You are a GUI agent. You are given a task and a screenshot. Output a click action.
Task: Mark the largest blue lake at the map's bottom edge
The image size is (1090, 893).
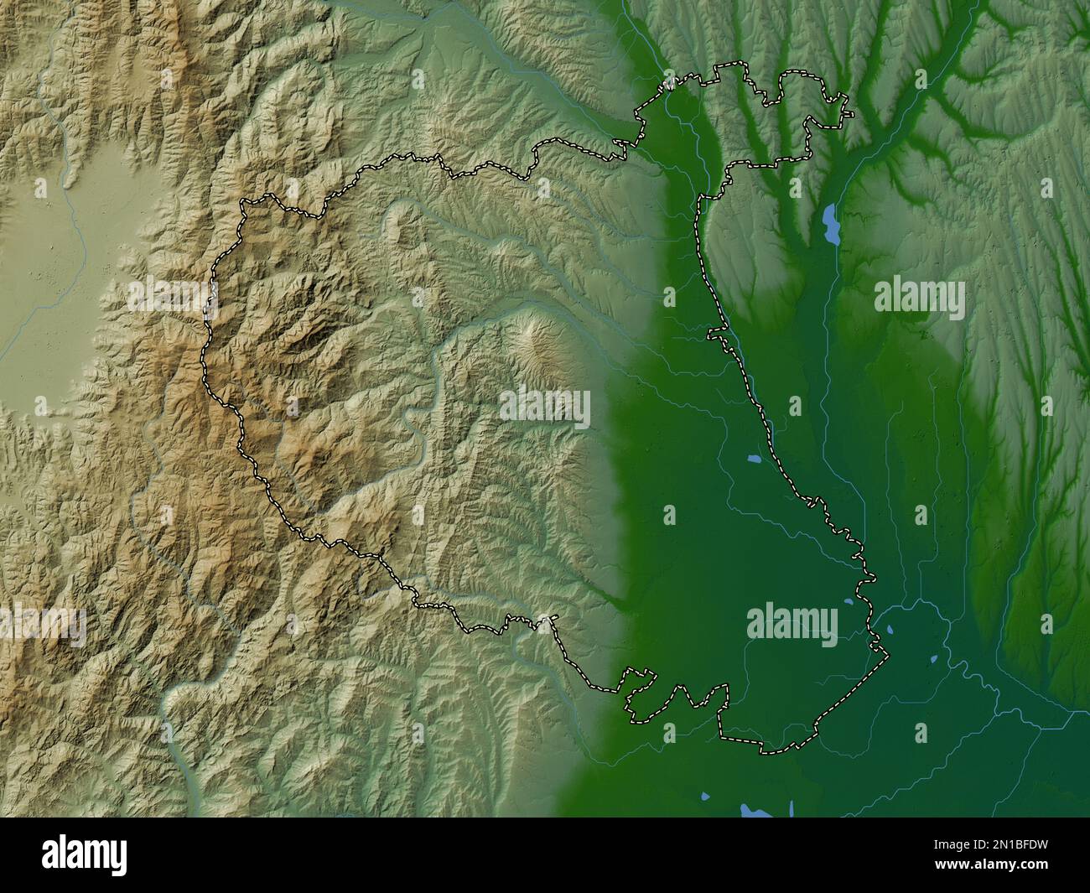[750, 810]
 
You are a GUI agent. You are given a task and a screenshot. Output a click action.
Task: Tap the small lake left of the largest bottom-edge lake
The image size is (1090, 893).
[704, 796]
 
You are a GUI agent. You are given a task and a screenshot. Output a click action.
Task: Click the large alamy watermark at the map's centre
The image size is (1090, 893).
[545, 408]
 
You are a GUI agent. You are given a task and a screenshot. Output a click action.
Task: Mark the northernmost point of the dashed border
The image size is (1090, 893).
[738, 63]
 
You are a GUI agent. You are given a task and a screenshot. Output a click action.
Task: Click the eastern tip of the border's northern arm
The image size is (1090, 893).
[850, 114]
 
